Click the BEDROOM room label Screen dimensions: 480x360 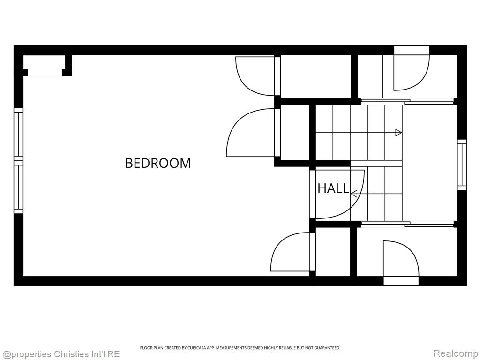pyautogui.click(x=158, y=163)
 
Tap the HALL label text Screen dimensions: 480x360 pyautogui.click(x=333, y=188)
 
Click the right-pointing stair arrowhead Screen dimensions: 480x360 pyautogui.click(x=398, y=133)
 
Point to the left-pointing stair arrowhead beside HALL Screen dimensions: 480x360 pyautogui.click(x=354, y=194)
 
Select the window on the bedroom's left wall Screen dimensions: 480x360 pyautogui.click(x=19, y=161)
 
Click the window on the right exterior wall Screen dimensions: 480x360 pyautogui.click(x=462, y=165)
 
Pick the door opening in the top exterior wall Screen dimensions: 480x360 pyautogui.click(x=412, y=51)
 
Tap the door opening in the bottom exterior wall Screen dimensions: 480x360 pyautogui.click(x=401, y=281)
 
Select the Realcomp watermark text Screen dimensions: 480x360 pyautogui.click(x=456, y=353)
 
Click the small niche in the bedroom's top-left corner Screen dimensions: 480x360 pyautogui.click(x=45, y=66)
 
